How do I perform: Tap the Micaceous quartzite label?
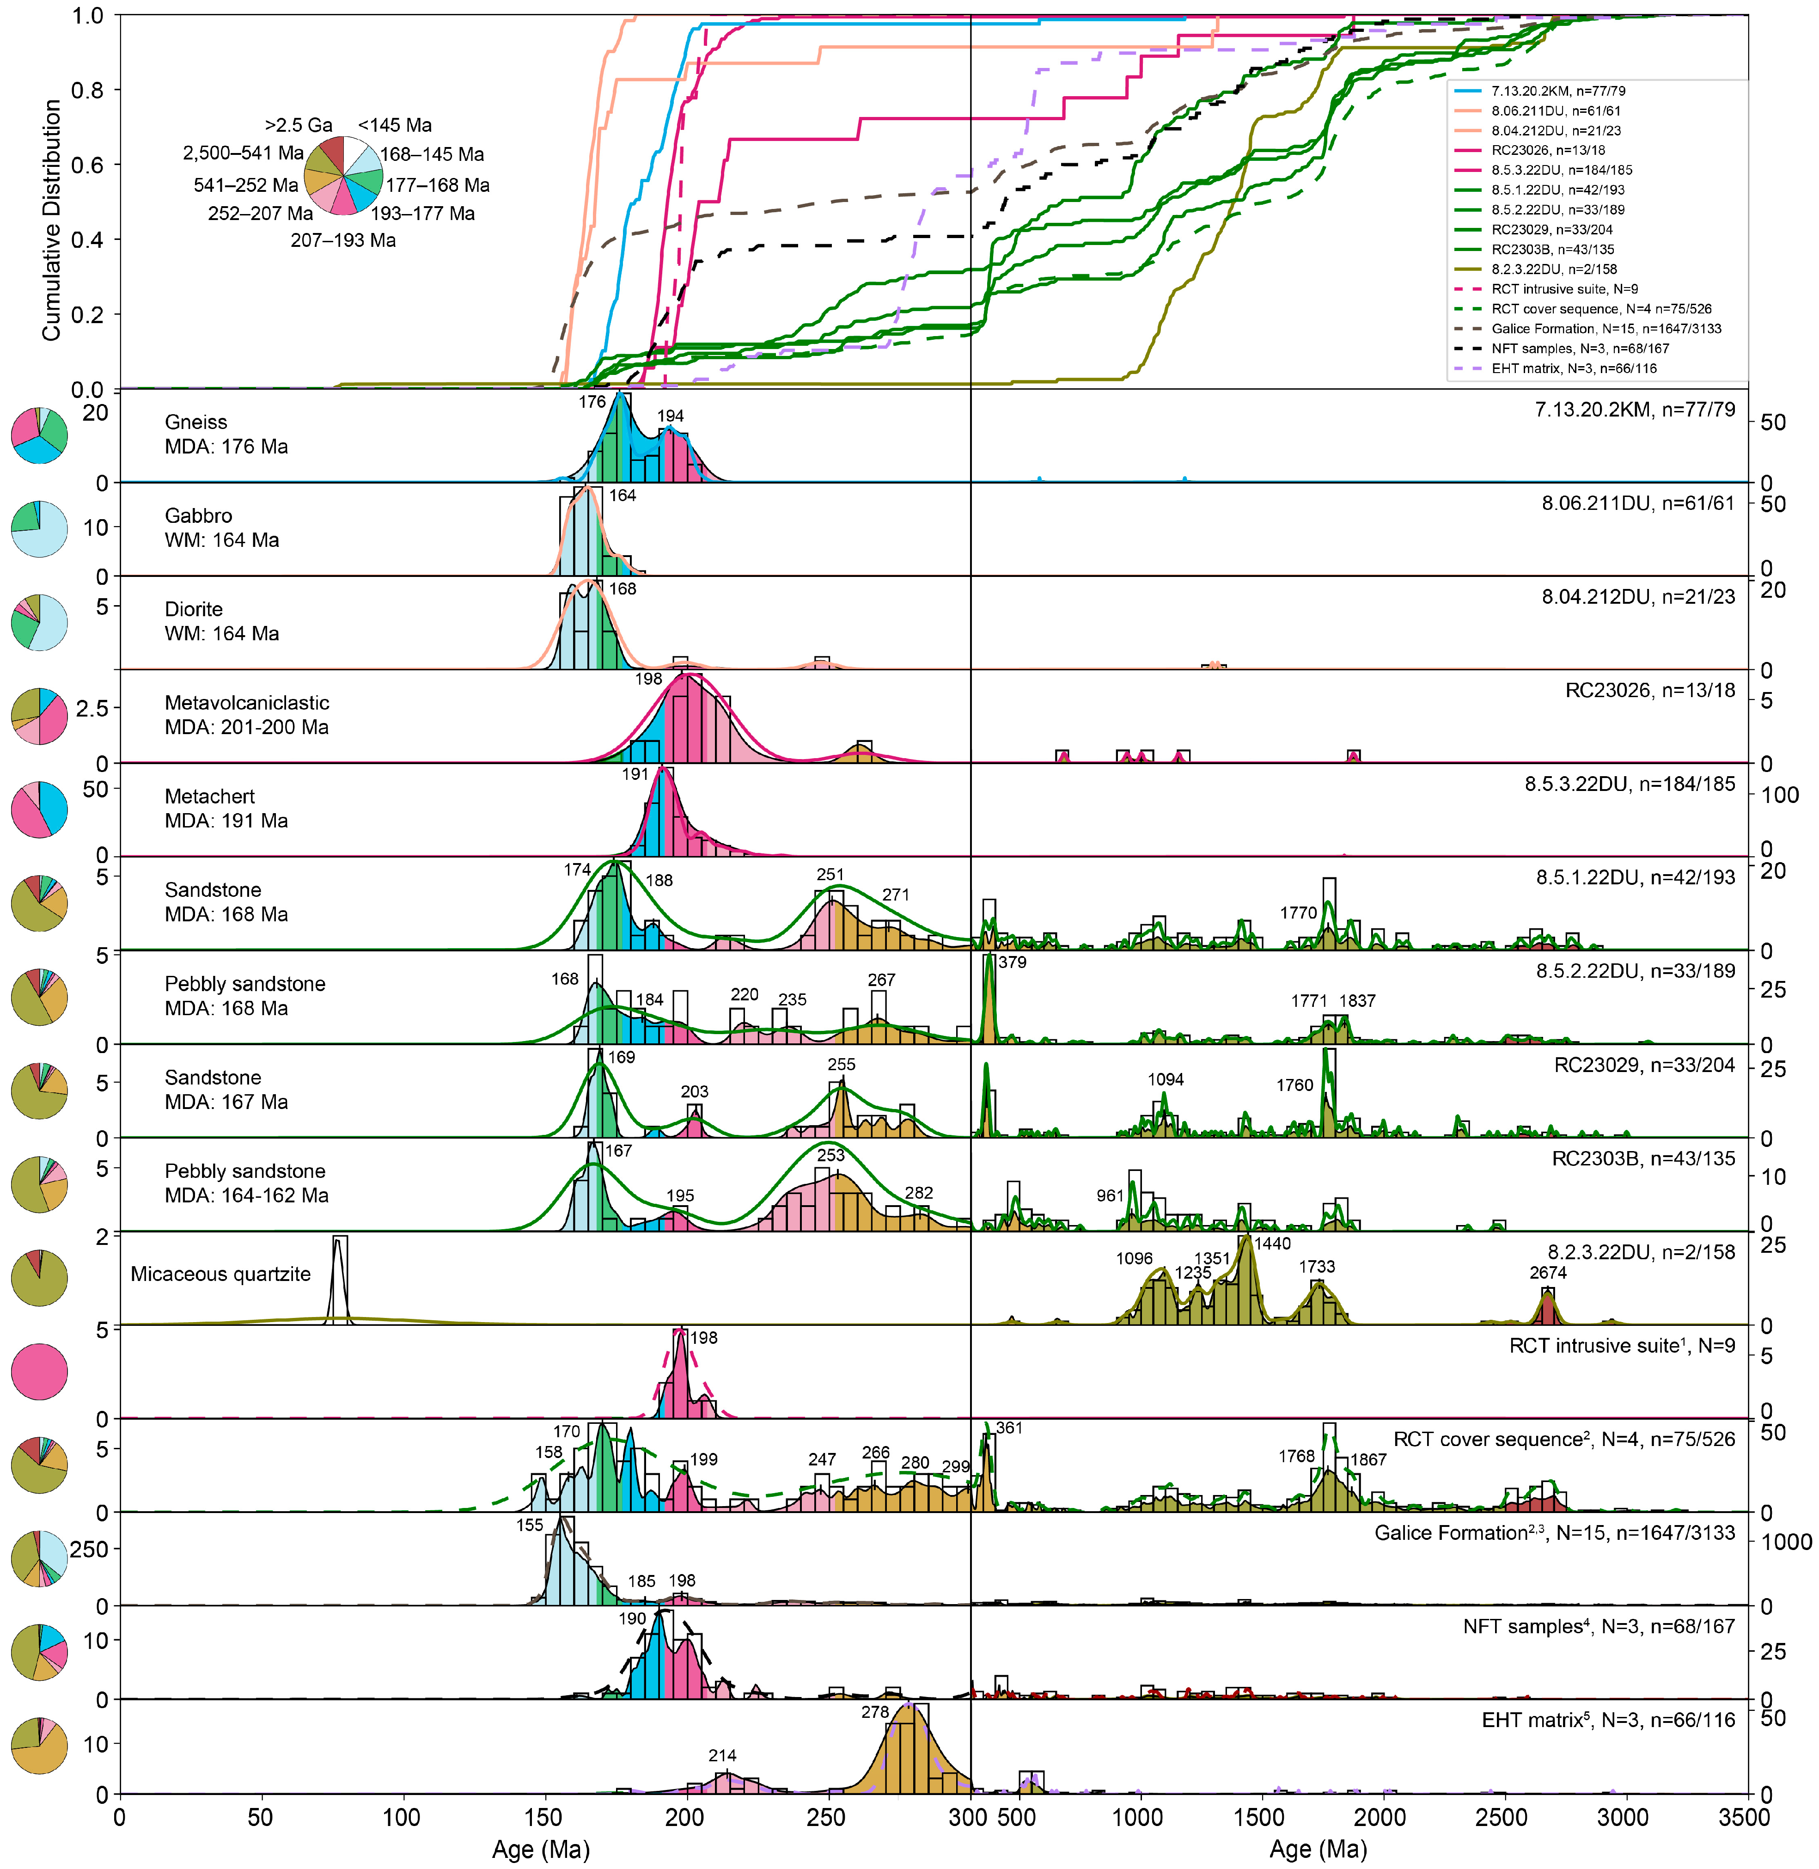click(x=221, y=1274)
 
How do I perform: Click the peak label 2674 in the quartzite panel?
click(x=1548, y=1272)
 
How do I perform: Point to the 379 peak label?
click(x=1013, y=962)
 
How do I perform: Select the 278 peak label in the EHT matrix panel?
click(x=875, y=1711)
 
